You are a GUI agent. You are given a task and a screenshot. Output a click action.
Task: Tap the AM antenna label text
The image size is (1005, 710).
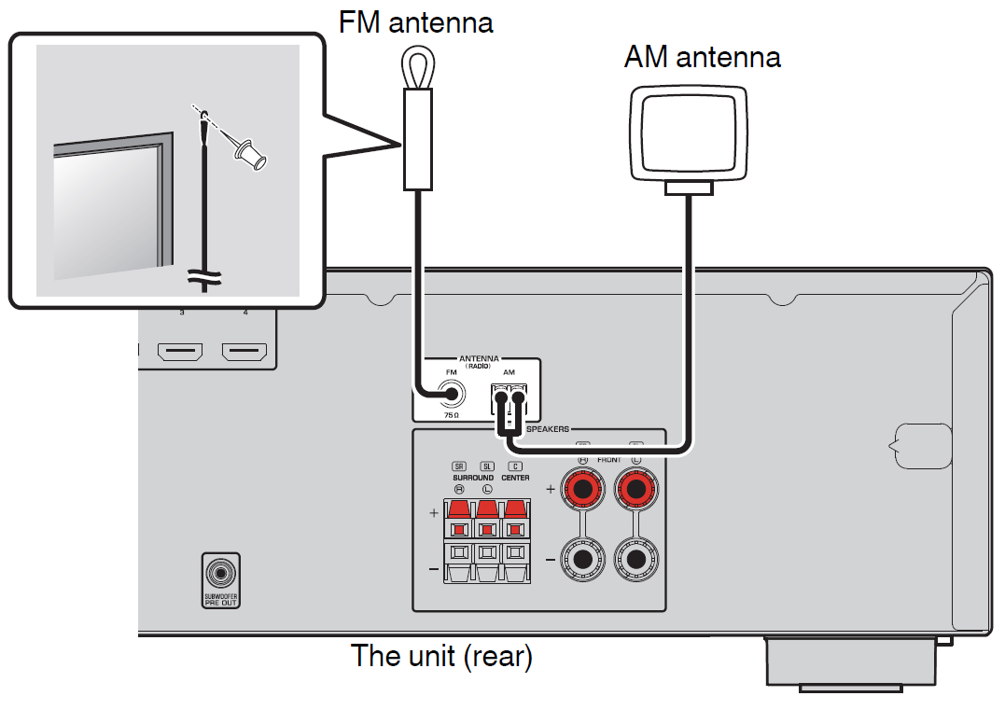point(702,58)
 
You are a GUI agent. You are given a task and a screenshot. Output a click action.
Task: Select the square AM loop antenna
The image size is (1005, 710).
point(688,132)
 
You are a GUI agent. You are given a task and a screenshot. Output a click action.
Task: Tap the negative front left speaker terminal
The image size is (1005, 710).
point(637,560)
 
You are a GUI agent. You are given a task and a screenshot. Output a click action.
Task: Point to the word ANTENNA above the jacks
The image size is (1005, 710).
point(479,358)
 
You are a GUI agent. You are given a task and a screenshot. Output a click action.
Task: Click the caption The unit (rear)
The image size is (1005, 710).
point(440,657)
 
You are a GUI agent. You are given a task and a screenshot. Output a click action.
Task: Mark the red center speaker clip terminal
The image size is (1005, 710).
point(514,512)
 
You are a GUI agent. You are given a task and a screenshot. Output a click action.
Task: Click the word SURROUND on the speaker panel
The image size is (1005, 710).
point(473,478)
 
